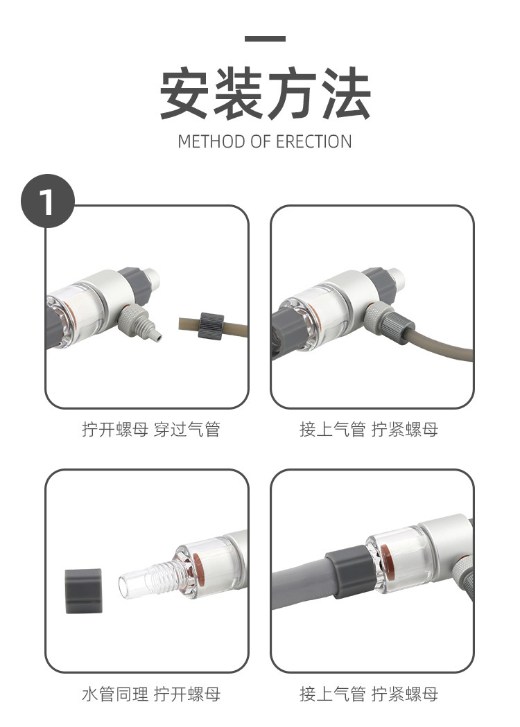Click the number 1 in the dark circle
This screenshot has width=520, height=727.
pos(48,202)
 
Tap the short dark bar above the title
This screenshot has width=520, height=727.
pos(265,39)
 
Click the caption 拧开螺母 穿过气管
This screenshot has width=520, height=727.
pos(150,430)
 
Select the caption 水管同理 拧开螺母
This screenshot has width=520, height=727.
pos(150,694)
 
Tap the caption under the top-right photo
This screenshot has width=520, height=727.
pos(369,430)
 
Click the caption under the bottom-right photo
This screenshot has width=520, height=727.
pos(369,694)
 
